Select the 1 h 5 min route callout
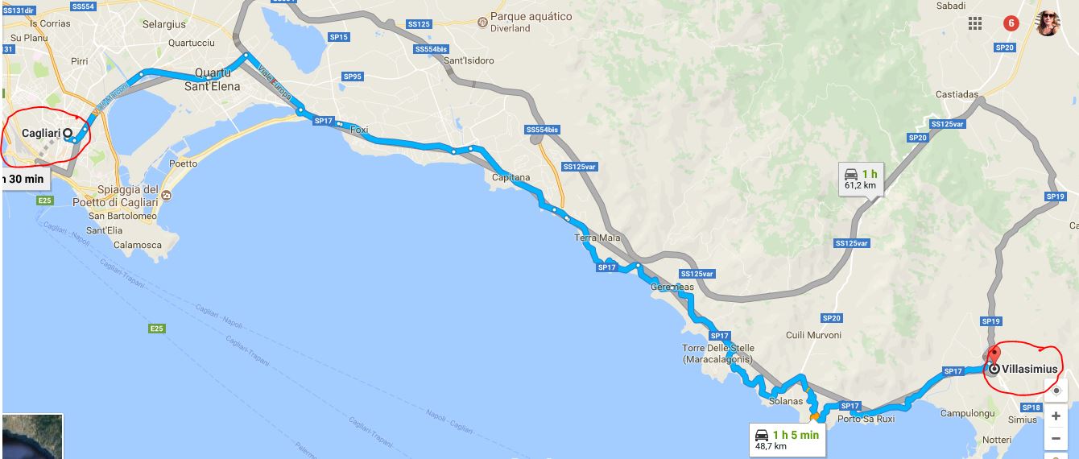point(787,440)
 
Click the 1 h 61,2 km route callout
point(860,179)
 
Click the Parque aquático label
point(531,17)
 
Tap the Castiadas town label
point(957,94)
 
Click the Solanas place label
point(786,401)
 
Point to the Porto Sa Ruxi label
point(866,419)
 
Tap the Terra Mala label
point(597,238)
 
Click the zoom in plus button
point(1056,416)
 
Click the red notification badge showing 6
point(1011,23)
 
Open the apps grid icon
point(975,23)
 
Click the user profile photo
point(1048,23)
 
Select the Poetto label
point(183,163)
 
